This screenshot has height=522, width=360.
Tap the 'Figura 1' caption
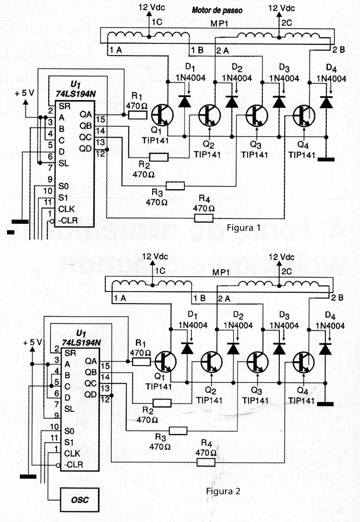tap(244, 228)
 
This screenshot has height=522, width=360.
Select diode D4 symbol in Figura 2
tap(326, 349)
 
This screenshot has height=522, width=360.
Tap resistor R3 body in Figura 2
tap(178, 431)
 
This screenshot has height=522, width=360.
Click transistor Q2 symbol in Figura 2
tap(212, 362)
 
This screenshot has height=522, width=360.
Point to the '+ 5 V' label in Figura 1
tap(26, 93)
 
